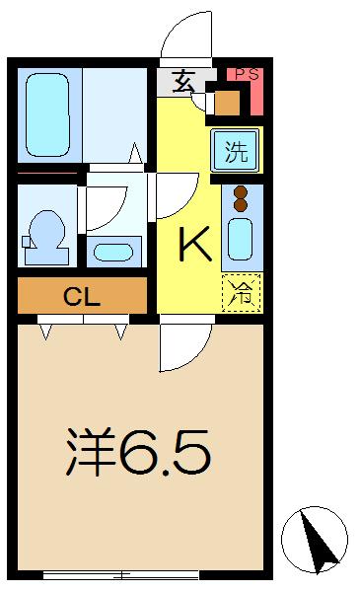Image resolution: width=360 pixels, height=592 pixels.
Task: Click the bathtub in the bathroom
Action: pyautogui.click(x=47, y=114)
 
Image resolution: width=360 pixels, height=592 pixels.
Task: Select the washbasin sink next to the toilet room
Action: pyautogui.click(x=113, y=253)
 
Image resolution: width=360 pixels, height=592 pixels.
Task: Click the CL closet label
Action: pyautogui.click(x=82, y=296)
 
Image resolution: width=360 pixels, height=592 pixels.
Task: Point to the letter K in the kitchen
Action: pyautogui.click(x=194, y=245)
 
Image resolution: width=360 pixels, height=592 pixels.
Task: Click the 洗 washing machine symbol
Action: pyautogui.click(x=237, y=151)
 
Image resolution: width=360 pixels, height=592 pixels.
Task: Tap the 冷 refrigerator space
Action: pyautogui.click(x=242, y=293)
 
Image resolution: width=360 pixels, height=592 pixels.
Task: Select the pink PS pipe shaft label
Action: pyautogui.click(x=248, y=74)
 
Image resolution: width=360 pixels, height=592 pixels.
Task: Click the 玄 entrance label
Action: pyautogui.click(x=183, y=82)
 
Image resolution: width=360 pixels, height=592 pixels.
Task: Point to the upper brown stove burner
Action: pyautogui.click(x=241, y=192)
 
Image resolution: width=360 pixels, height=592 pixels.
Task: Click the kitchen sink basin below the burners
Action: pyautogui.click(x=241, y=239)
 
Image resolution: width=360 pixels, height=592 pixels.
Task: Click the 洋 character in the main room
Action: pyautogui.click(x=90, y=451)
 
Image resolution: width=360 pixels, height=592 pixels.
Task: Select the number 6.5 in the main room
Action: pyautogui.click(x=165, y=452)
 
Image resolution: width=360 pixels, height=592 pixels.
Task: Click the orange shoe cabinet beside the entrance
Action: pyautogui.click(x=227, y=103)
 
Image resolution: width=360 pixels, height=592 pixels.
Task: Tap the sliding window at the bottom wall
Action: pyautogui.click(x=120, y=575)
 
